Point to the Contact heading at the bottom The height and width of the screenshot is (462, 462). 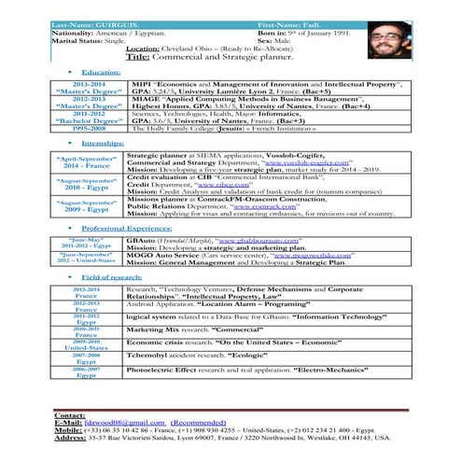[x=70, y=413]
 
